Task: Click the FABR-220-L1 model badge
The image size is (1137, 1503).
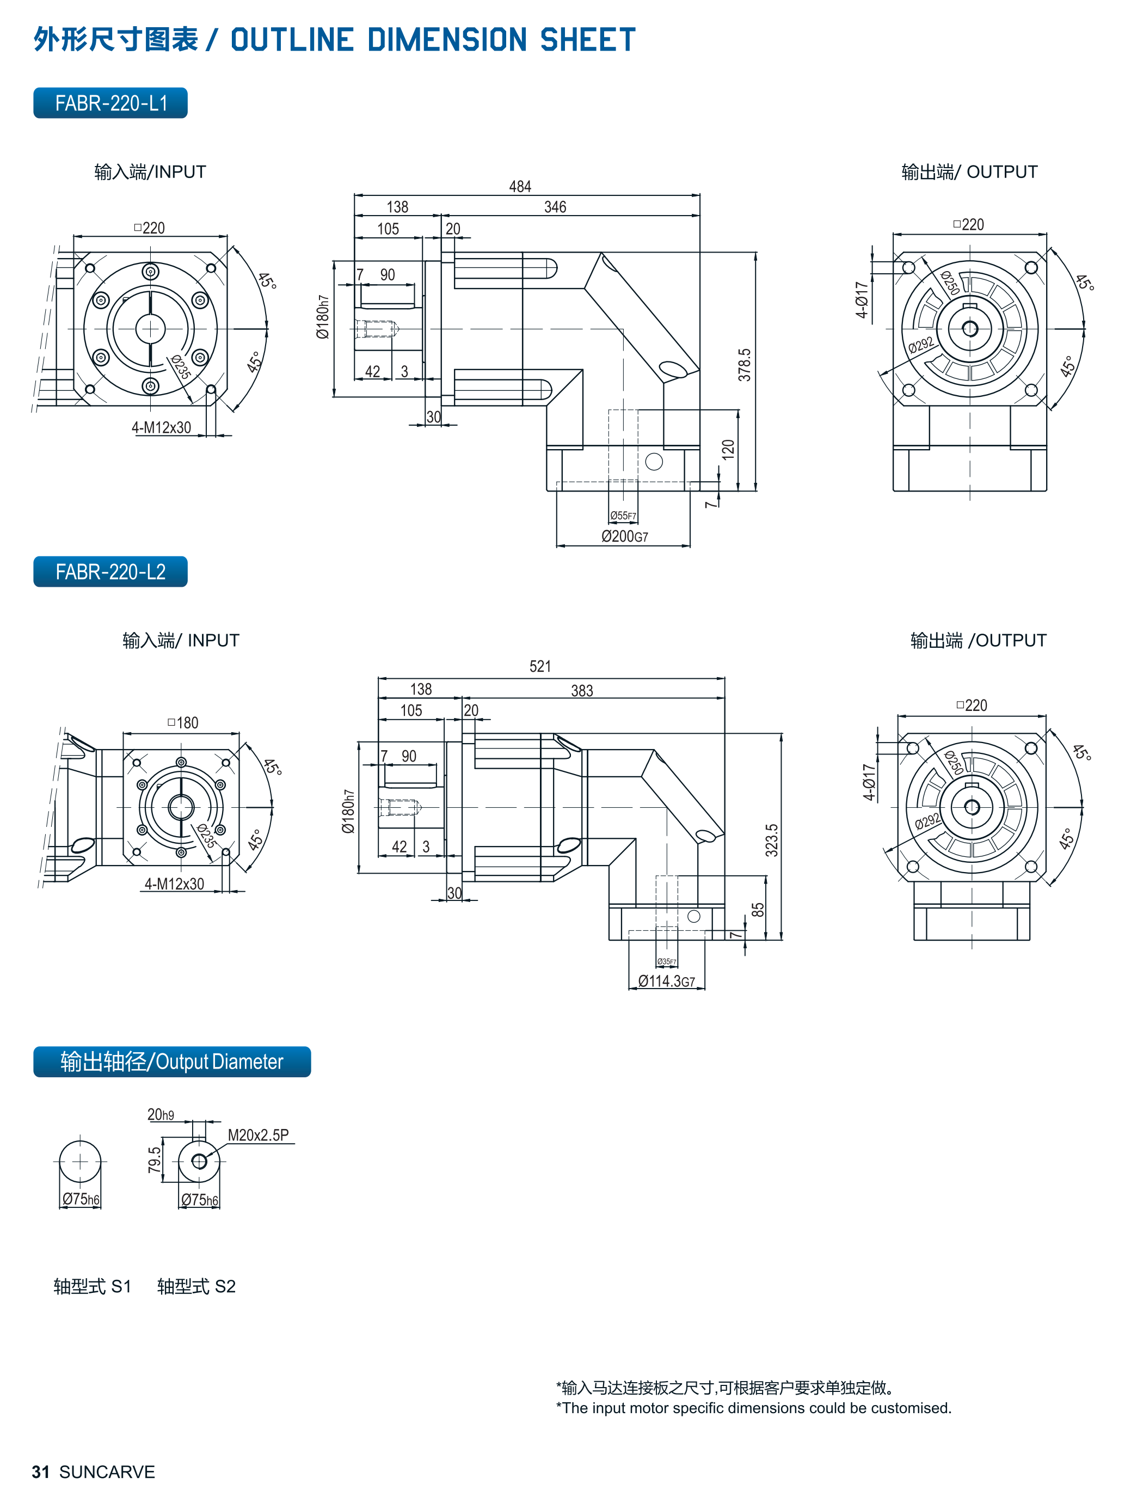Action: coord(110,103)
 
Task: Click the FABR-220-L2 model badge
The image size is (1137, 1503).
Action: coord(110,572)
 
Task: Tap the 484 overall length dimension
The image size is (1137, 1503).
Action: coord(520,187)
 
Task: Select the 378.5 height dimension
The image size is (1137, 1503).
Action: coord(745,365)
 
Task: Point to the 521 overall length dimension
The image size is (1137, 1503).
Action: coord(540,666)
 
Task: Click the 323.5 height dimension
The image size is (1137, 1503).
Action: coord(772,840)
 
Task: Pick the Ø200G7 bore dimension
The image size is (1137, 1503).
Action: coord(624,537)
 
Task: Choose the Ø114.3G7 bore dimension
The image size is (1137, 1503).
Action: coord(666,981)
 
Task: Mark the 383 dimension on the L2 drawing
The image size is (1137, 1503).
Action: coord(582,691)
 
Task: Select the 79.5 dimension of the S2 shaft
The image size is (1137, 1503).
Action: coord(155,1160)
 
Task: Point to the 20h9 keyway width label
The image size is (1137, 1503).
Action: coord(161,1115)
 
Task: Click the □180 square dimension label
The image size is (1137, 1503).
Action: coord(183,723)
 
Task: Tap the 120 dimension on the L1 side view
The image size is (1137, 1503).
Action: coord(729,449)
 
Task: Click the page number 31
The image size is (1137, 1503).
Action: coord(41,1472)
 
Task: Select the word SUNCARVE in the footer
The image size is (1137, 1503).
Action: coord(107,1472)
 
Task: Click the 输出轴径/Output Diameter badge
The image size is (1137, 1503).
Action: coord(172,1062)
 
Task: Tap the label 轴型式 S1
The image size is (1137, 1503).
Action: coord(93,1286)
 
